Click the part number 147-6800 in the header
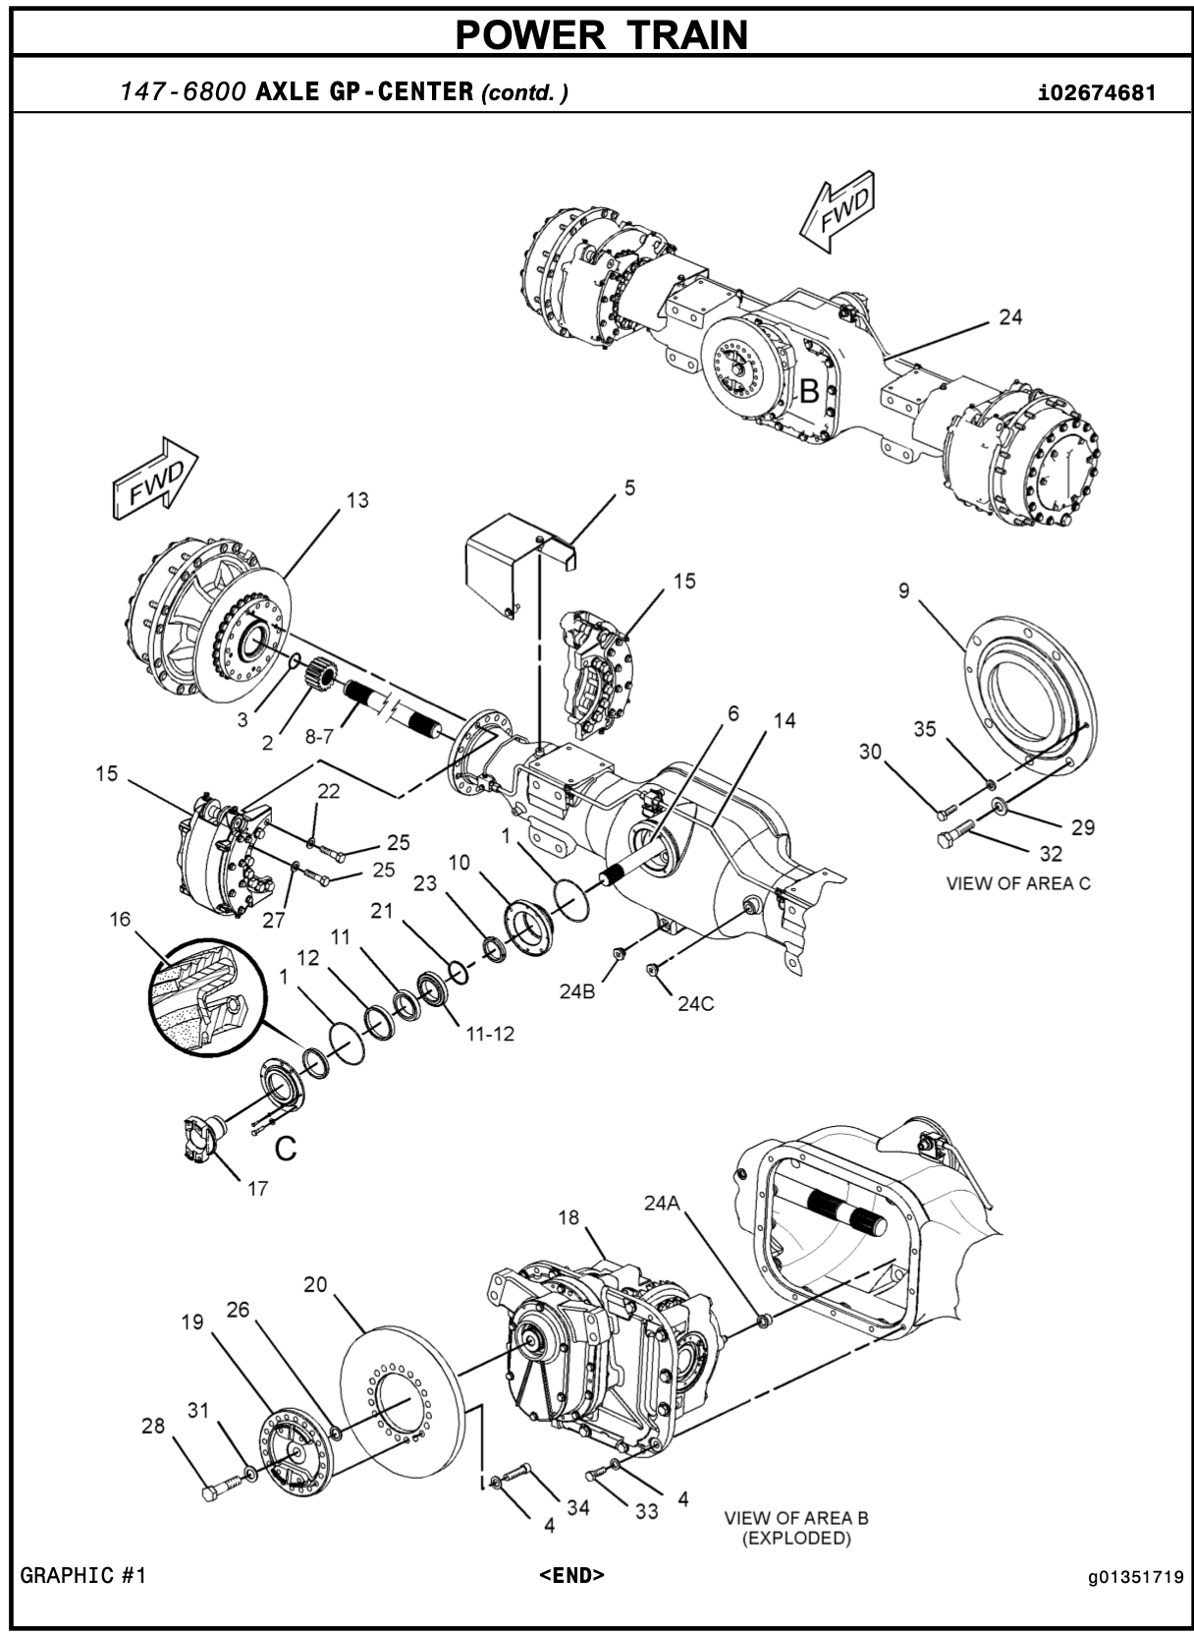click(x=183, y=91)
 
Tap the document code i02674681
click(x=1097, y=92)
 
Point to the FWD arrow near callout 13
click(x=155, y=478)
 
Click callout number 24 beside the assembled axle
click(x=1010, y=317)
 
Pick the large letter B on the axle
click(x=809, y=391)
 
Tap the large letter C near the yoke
click(x=286, y=1149)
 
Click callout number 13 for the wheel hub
click(x=357, y=500)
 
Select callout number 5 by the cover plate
click(x=629, y=487)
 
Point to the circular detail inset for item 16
click(x=205, y=996)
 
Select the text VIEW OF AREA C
click(x=1017, y=883)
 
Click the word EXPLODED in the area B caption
click(x=796, y=1539)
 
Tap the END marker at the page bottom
click(x=571, y=1575)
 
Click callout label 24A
click(x=662, y=1202)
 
